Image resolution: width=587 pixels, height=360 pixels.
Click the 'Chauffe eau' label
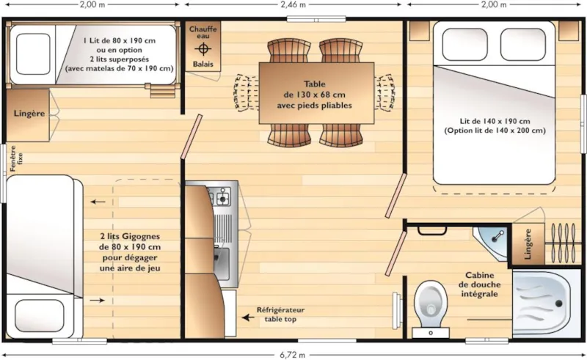point(203,33)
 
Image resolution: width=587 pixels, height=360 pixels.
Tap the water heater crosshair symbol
point(203,48)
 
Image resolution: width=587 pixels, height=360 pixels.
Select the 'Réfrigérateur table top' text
point(280,315)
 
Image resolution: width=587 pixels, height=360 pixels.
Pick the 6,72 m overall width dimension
point(293,354)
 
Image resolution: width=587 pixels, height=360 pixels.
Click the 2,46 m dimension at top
point(293,4)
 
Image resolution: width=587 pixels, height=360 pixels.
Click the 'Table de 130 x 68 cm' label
point(314,95)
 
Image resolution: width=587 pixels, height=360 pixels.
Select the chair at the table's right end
point(385,94)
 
